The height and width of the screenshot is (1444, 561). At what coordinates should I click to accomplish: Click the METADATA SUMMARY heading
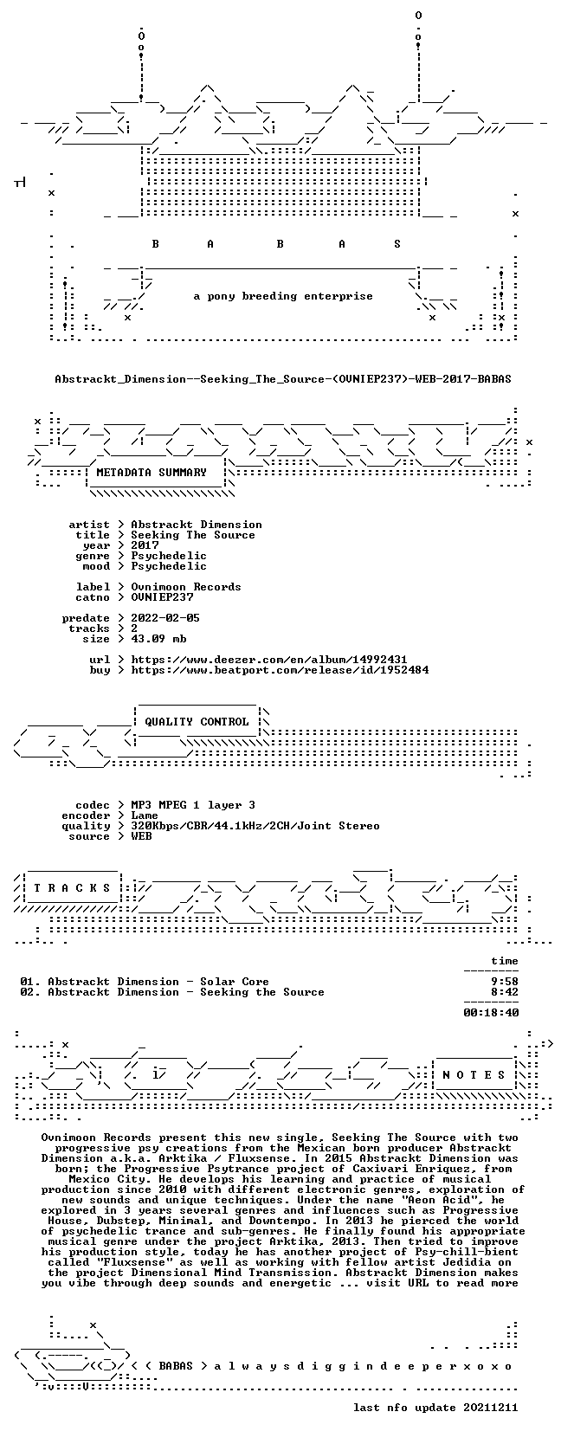152,473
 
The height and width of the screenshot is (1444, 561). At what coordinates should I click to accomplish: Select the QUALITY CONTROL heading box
197,722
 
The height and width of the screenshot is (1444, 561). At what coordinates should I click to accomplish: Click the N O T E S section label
474,1074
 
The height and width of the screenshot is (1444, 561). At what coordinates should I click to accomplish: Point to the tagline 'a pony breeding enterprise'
283,297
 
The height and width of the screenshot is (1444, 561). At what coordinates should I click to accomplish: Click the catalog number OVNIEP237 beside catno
162,597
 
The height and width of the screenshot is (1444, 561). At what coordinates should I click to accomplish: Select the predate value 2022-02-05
165,617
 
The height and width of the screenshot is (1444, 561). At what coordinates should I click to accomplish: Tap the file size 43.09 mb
158,638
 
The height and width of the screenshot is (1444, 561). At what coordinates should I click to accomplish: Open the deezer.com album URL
269,660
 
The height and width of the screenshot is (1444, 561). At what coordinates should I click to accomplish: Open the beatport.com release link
280,670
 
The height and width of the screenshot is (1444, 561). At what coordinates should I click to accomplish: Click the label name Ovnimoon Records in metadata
186,587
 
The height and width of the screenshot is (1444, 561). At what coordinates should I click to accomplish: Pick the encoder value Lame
145,815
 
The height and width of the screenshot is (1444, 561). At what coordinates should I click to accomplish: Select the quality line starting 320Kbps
255,826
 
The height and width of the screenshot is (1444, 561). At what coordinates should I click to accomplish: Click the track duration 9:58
504,982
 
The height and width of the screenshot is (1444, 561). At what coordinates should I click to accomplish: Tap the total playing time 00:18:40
491,1013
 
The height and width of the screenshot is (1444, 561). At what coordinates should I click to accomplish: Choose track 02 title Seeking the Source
261,992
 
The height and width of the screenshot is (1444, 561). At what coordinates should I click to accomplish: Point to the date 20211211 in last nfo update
491,1408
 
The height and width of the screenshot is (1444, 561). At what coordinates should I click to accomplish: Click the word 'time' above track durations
504,961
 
